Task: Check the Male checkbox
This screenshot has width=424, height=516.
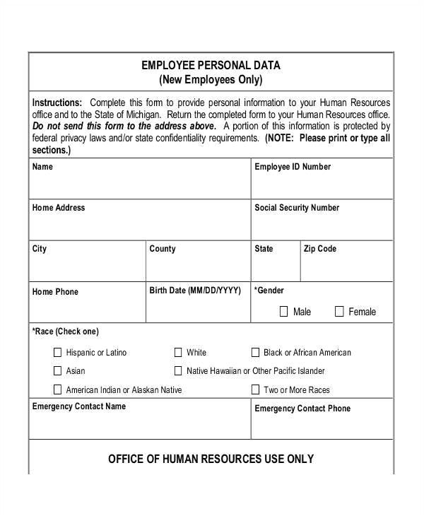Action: coord(284,311)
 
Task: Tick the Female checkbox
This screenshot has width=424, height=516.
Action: coord(339,311)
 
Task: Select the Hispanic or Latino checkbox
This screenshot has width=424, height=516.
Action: coord(57,352)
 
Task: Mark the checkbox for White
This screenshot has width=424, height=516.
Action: coord(178,352)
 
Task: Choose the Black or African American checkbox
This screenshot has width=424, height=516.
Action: coord(255,352)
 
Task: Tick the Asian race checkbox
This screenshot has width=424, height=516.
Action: coord(57,370)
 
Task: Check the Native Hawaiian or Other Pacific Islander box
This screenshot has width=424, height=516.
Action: coord(178,370)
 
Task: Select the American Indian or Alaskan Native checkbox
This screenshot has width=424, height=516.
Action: coord(57,389)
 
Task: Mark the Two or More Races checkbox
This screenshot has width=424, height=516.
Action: coord(255,389)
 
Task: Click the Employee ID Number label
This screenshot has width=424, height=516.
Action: coord(292,168)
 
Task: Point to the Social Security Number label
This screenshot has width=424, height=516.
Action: coord(296,209)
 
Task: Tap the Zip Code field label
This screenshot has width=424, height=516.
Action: coord(319,250)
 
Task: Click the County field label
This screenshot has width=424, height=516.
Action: coord(163,250)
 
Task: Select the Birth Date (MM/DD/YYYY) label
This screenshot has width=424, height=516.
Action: coord(195,291)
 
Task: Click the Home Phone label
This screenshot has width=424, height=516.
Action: coord(55,292)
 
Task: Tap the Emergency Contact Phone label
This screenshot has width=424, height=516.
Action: coord(302,409)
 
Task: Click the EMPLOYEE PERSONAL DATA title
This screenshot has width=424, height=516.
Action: coord(211,66)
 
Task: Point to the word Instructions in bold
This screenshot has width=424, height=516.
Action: coord(57,102)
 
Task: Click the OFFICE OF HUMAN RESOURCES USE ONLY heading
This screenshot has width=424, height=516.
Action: coord(211,459)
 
